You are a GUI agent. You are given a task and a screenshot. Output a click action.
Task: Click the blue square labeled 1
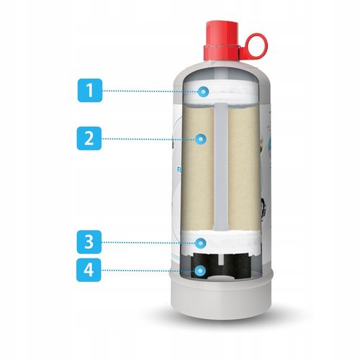click(x=90, y=91)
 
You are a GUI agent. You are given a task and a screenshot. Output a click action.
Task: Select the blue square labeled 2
click(x=89, y=138)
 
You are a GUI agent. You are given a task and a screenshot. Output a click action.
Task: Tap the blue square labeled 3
click(x=89, y=242)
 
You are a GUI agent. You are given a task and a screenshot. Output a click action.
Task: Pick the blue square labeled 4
click(x=89, y=270)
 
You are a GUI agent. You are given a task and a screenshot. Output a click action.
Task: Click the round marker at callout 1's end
click(x=203, y=91)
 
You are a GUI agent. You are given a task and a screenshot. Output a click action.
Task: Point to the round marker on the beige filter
click(x=200, y=139)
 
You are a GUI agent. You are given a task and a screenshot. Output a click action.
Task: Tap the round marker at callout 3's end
click(x=200, y=243)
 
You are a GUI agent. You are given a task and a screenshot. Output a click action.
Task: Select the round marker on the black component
click(x=199, y=271)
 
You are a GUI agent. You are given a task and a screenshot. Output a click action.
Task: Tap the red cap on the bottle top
click(x=222, y=41)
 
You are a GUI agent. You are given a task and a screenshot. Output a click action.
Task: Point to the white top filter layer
click(x=222, y=91)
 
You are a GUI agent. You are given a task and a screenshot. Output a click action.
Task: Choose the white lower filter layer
click(x=221, y=243)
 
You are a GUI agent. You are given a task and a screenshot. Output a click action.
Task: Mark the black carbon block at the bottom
click(x=220, y=266)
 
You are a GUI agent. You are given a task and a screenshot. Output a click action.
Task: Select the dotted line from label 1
click(x=150, y=91)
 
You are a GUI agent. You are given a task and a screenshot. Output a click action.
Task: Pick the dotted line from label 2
click(x=148, y=139)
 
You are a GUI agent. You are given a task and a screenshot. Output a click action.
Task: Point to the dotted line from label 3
click(x=148, y=243)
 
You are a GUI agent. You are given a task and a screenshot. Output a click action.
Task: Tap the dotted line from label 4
click(x=148, y=271)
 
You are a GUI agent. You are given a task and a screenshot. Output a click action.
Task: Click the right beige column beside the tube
click(x=244, y=168)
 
